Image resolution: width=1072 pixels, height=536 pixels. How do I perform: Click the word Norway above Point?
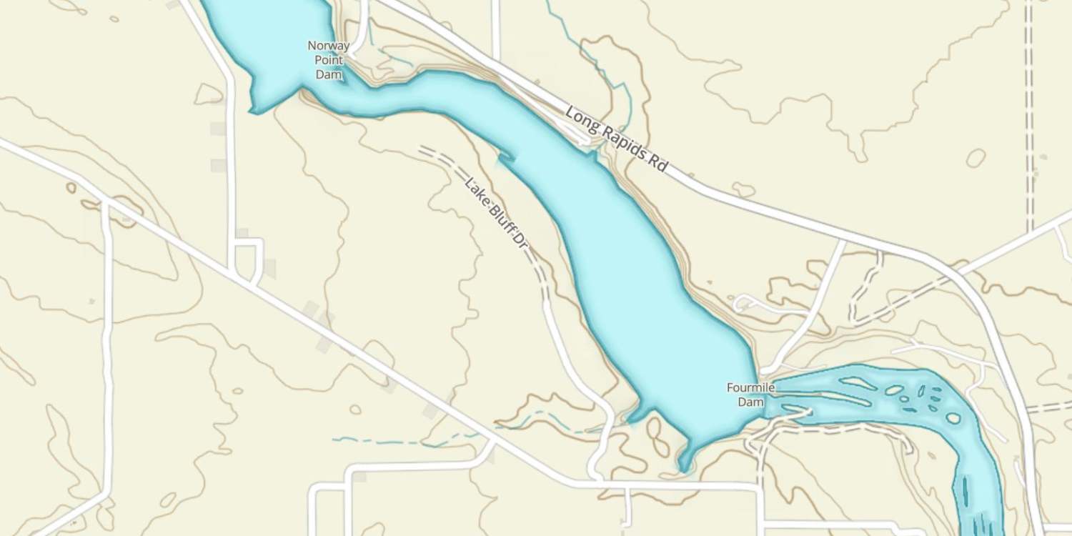coord(329,46)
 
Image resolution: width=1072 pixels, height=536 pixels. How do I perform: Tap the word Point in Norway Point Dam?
coord(329,60)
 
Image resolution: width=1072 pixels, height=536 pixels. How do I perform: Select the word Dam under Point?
coord(329,74)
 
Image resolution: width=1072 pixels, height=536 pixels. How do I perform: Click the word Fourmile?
coord(750,388)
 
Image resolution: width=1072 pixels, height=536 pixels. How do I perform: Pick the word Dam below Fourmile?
coord(750,402)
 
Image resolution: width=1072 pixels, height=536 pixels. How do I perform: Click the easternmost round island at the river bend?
coord(953,418)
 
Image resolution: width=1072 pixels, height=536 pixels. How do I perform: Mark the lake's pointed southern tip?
coord(685,468)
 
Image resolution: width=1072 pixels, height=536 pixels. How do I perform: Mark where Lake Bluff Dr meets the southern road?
coord(597,477)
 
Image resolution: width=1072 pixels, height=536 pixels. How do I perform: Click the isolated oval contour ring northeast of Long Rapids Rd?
coord(976,158)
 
